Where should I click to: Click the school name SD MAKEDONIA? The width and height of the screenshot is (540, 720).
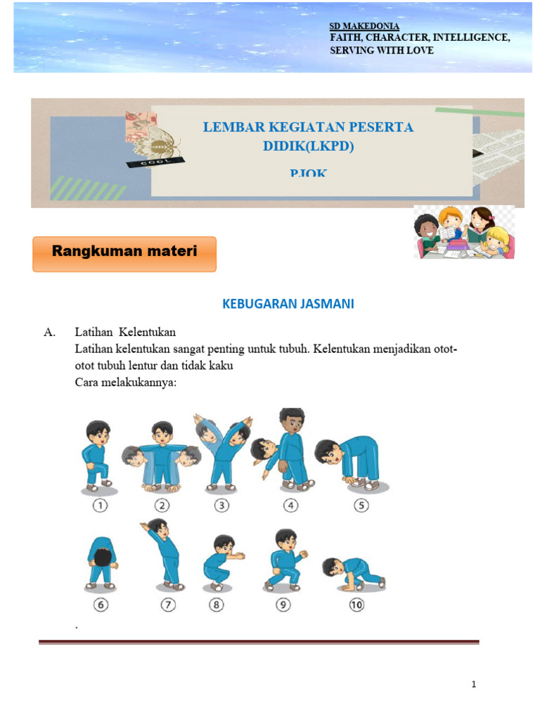(x=364, y=26)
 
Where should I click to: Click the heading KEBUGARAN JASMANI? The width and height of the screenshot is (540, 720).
(x=288, y=304)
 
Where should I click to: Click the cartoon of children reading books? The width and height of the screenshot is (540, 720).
(x=464, y=232)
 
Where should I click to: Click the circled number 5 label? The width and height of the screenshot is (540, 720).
(x=361, y=505)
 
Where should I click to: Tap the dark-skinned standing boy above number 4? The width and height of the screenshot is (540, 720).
(x=290, y=448)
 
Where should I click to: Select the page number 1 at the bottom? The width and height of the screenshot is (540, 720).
(x=474, y=684)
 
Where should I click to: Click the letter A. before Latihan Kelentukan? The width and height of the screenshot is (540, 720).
(x=49, y=333)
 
